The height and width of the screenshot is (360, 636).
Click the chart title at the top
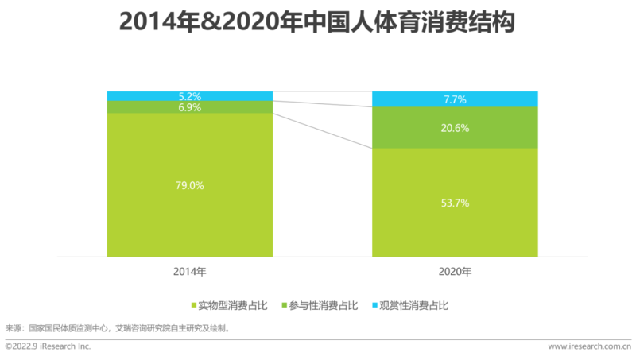coord(317,21)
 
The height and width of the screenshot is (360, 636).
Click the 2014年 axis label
coord(189,272)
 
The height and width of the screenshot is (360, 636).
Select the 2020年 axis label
coord(455,272)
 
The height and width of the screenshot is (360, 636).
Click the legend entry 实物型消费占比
coord(231,305)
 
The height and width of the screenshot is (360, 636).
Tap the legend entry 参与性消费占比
coord(326,305)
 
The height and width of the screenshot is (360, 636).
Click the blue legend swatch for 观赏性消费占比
coord(374,305)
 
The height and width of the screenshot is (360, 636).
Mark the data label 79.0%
coord(189,185)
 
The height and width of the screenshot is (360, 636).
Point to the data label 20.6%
coord(455,127)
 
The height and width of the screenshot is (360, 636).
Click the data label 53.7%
coord(455,203)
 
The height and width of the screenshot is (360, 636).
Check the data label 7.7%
coord(455,99)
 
